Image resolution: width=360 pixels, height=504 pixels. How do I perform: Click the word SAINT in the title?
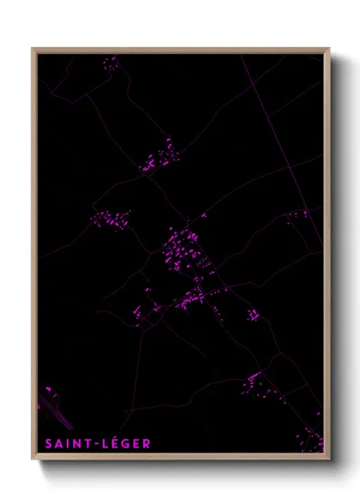[x=64, y=443]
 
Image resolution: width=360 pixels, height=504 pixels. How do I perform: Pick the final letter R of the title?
[x=147, y=443]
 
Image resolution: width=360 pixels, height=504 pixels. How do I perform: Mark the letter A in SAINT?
[x=57, y=443]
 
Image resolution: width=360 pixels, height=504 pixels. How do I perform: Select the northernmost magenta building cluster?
[x=110, y=62]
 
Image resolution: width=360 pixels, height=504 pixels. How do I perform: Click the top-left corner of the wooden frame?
[x=33, y=49]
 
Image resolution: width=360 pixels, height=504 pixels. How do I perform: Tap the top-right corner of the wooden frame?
[x=328, y=49]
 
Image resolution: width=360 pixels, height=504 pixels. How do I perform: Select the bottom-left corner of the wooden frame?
[x=33, y=459]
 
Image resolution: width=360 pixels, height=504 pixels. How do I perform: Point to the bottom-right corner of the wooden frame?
[x=328, y=459]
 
